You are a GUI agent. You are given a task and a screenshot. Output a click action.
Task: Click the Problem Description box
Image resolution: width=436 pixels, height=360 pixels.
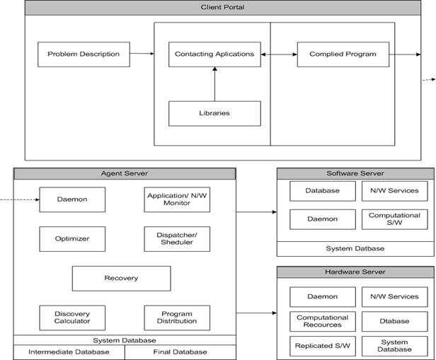84,54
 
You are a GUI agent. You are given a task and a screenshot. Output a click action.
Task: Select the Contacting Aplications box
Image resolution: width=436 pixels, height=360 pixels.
214,54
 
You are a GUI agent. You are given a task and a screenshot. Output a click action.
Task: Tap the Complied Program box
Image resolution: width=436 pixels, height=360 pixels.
343,54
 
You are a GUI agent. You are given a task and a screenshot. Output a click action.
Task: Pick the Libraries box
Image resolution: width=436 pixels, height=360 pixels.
214,114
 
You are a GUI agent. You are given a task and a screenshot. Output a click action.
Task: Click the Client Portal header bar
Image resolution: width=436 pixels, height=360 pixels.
223,8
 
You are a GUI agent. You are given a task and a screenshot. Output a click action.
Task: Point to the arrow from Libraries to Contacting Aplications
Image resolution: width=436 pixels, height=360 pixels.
214,84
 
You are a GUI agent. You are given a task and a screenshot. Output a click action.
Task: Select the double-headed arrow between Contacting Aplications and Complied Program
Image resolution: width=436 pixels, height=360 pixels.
279,54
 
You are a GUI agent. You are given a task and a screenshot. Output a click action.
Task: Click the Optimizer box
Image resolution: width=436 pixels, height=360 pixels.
72,239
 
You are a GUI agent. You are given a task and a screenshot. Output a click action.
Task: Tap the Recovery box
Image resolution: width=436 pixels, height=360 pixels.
121,279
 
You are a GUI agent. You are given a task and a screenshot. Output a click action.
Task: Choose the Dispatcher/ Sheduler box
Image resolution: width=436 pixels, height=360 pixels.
177,239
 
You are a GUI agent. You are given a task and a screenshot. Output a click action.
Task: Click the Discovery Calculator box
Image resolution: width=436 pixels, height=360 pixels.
72,318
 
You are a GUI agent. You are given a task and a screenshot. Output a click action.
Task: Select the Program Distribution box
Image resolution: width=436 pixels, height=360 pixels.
177,318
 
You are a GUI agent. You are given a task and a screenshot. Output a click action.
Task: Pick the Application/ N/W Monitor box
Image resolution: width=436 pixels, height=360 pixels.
177,199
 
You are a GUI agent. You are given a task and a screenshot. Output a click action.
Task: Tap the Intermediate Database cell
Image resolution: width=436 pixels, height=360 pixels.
69,352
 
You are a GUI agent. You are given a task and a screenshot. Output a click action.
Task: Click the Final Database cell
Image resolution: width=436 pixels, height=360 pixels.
180,352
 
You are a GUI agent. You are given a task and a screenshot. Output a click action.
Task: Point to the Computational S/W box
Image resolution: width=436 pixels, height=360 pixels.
394,219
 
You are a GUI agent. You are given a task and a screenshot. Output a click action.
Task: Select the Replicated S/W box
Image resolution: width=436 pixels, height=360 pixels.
323,346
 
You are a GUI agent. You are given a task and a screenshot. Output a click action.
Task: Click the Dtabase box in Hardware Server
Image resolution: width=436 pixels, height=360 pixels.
394,321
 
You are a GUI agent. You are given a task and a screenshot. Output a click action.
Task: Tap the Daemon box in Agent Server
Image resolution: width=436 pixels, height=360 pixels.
72,199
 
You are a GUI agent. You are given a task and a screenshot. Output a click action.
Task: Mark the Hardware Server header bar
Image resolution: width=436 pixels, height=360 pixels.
355,272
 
